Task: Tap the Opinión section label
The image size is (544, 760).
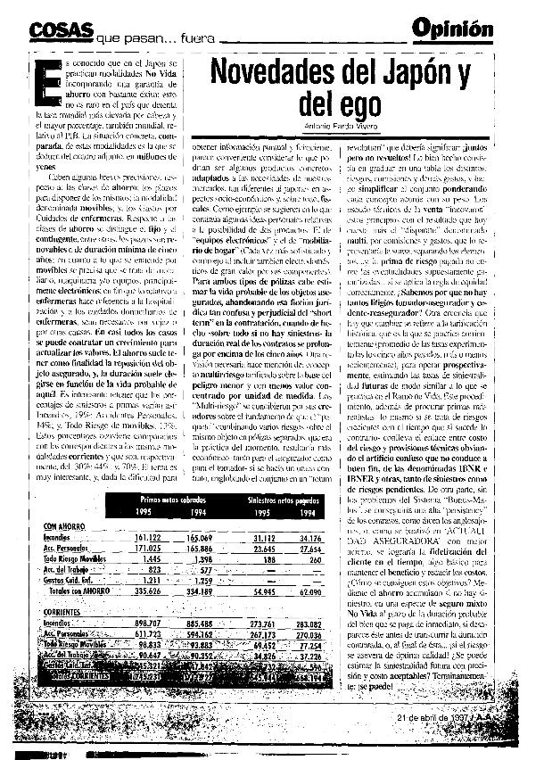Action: point(452,29)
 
